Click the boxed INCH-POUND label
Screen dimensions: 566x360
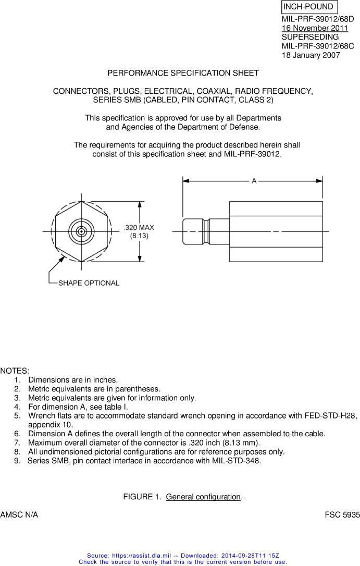click(x=308, y=7)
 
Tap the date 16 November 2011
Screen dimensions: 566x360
click(x=315, y=28)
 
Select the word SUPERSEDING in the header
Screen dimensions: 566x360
click(x=310, y=37)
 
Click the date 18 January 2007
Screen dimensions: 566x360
click(x=311, y=55)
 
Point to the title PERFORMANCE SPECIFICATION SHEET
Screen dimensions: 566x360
click(x=183, y=73)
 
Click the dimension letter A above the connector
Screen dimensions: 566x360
click(x=254, y=181)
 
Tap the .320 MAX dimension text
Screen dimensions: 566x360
click(x=139, y=228)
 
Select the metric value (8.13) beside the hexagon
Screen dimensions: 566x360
click(x=139, y=236)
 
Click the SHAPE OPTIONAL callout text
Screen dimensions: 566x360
click(x=89, y=283)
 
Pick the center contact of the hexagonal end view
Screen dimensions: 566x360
click(x=81, y=231)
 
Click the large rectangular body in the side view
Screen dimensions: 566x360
click(x=276, y=231)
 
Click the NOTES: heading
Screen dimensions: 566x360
click(x=15, y=371)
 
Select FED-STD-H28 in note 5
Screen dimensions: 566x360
click(x=332, y=415)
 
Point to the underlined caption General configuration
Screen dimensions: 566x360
click(x=203, y=497)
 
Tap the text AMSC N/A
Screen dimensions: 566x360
click(x=19, y=515)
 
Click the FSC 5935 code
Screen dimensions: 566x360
click(x=342, y=515)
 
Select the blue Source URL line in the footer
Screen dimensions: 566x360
click(x=183, y=556)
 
